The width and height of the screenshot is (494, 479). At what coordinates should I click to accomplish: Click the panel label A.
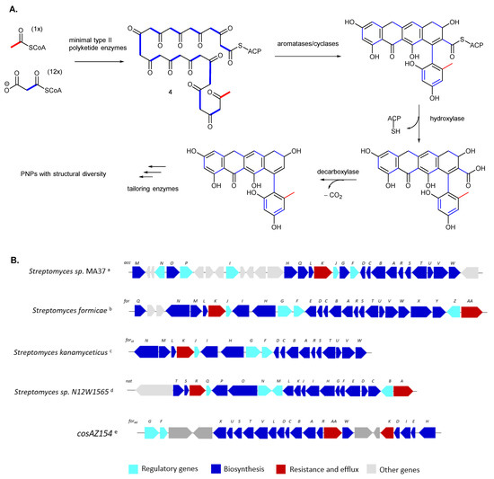(13, 7)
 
